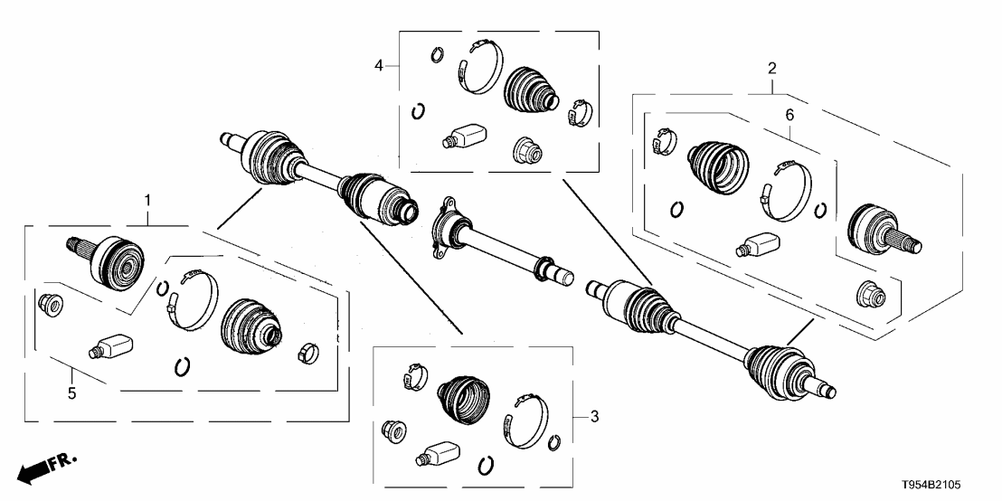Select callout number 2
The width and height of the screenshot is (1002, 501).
[x=771, y=68]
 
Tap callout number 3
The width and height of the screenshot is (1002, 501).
[x=593, y=416]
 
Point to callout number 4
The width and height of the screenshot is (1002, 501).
[x=380, y=64]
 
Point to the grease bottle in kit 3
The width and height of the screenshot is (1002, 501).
[x=437, y=453]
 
